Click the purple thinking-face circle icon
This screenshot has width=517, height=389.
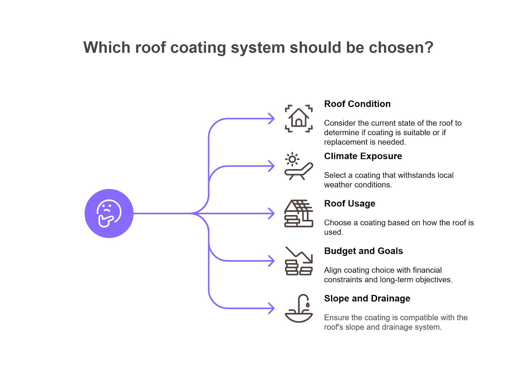[109, 214]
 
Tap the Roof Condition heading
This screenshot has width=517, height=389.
[357, 104]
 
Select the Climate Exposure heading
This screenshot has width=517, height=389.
[363, 156]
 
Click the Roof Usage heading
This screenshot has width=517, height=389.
[350, 204]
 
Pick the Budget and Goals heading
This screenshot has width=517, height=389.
[364, 251]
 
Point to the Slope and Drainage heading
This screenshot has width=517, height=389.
[367, 299]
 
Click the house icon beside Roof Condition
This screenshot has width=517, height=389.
[299, 119]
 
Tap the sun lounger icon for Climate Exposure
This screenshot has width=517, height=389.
[299, 166]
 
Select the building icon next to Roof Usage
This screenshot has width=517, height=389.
[299, 214]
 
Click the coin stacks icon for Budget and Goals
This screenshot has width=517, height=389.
[299, 261]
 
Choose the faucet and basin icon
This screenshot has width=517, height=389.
[299, 308]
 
